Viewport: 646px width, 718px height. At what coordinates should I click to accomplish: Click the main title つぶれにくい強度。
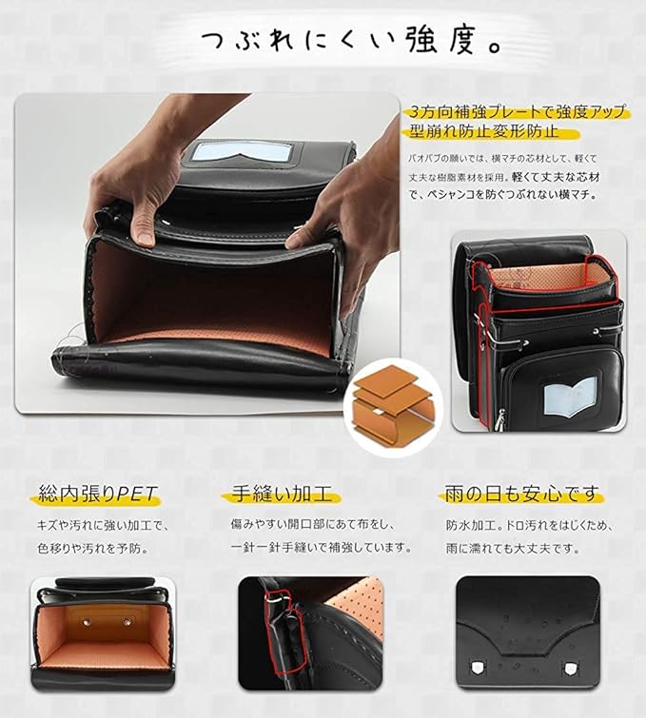tap(351, 41)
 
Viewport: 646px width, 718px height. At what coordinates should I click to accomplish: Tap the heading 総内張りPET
tap(98, 495)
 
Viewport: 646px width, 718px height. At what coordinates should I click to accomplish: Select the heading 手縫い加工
tap(282, 495)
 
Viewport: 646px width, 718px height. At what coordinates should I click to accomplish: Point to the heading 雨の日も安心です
tap(521, 495)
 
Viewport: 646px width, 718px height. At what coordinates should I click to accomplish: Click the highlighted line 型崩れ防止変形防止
tap(484, 132)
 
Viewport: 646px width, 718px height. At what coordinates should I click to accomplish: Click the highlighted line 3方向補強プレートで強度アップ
tap(518, 111)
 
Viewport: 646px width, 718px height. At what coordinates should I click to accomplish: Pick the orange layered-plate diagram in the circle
tap(393, 406)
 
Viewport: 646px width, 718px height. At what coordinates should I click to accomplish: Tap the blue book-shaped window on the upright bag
tap(571, 398)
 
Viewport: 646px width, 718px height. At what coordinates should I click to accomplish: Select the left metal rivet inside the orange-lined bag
tap(87, 621)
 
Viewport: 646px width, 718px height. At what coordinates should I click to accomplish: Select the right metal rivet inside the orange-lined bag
tap(127, 622)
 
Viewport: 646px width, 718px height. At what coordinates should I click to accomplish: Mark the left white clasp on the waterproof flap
tap(477, 668)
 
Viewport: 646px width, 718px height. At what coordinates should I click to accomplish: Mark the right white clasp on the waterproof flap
tap(570, 669)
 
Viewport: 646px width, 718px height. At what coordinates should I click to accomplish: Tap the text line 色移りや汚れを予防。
tap(93, 548)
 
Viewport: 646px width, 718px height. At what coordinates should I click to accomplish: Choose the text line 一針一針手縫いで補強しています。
tap(321, 547)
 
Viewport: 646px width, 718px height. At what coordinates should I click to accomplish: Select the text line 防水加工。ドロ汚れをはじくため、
tap(529, 525)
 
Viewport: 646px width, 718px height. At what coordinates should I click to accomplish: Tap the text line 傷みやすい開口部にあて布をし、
tap(312, 524)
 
